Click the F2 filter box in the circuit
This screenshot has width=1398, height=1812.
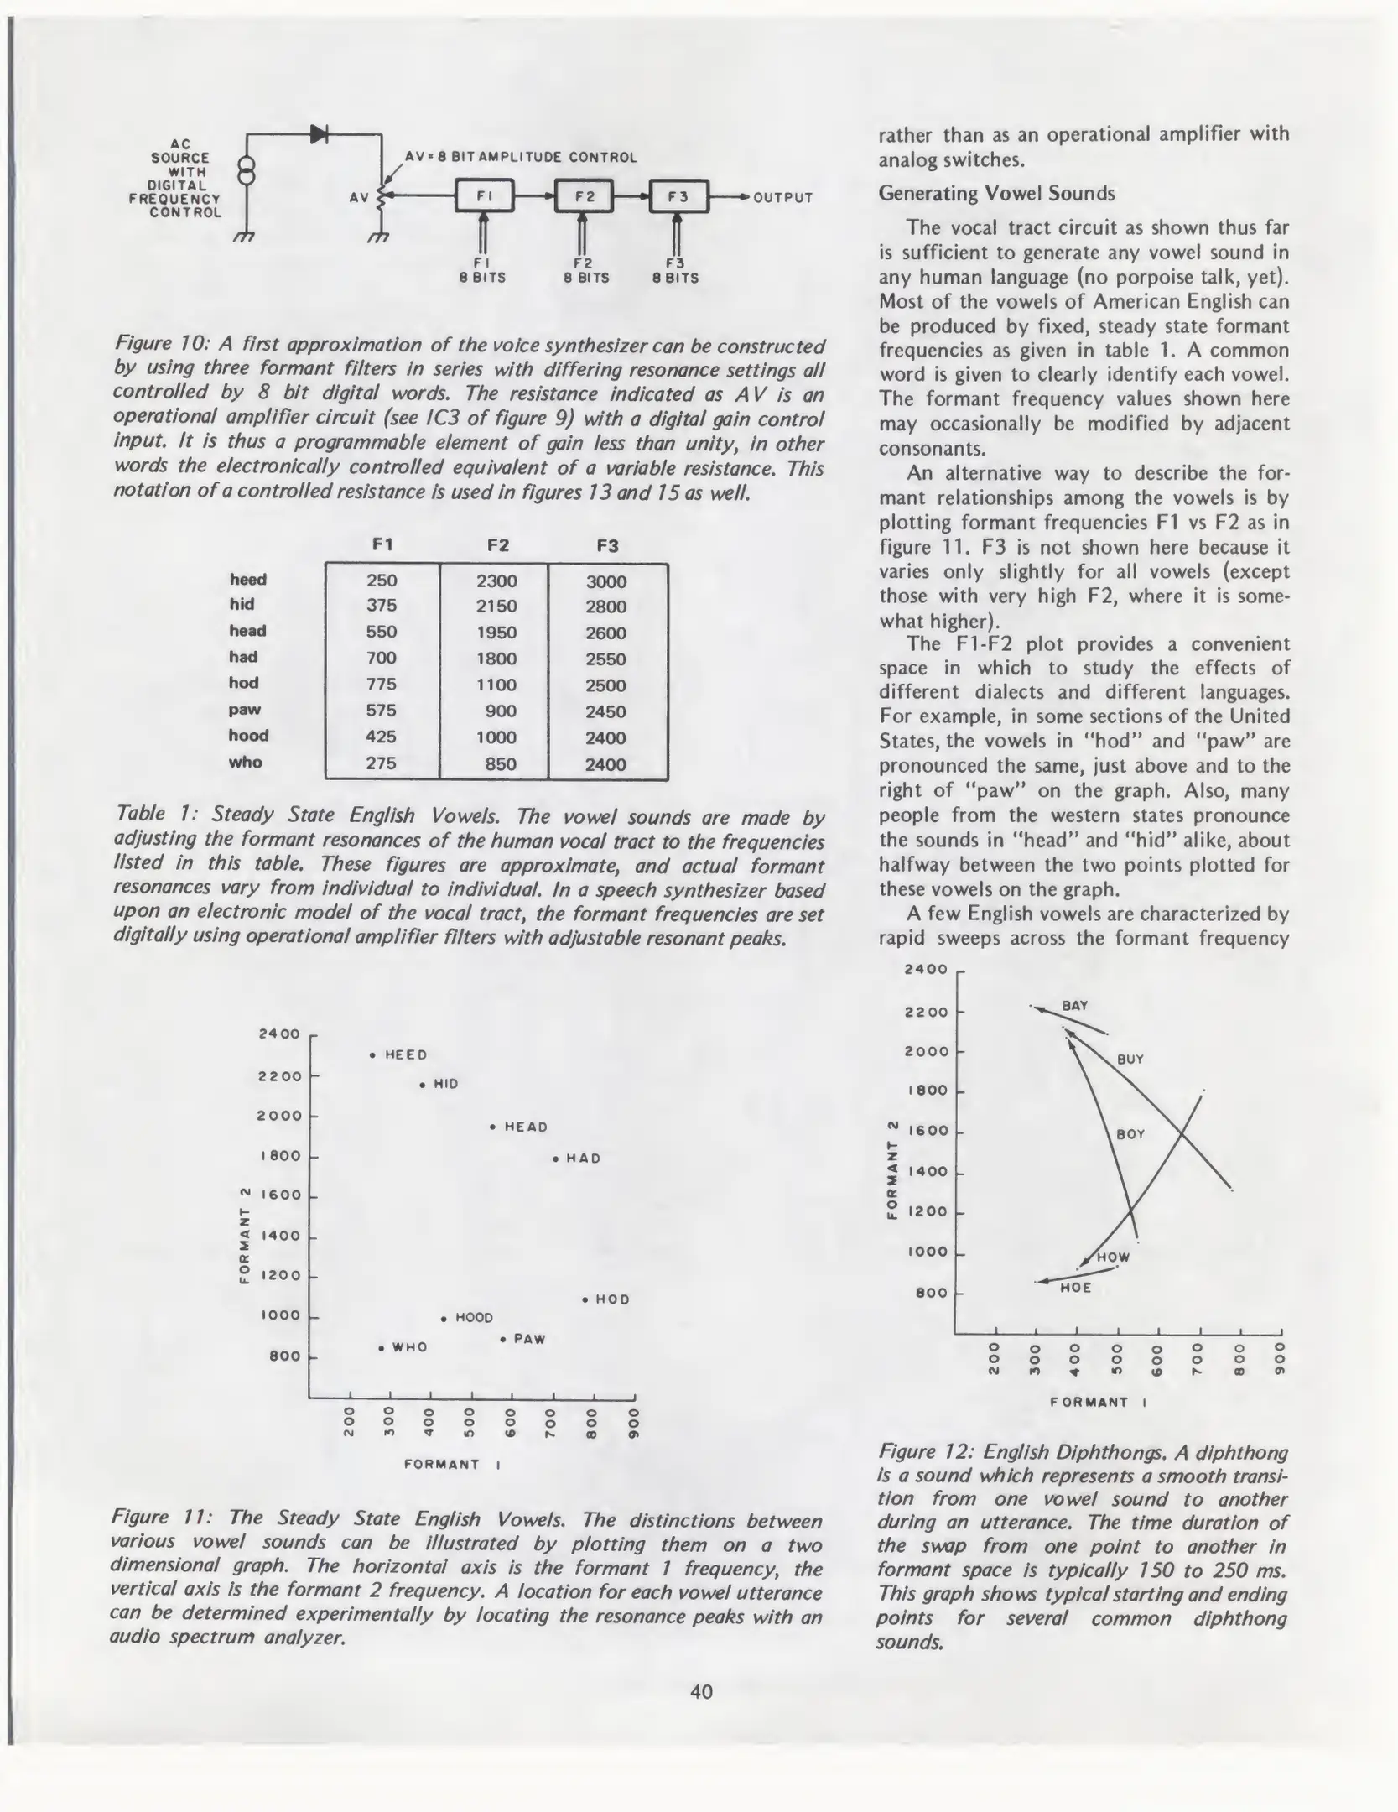584,197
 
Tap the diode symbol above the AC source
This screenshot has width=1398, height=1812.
319,133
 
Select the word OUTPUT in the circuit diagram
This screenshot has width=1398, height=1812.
783,198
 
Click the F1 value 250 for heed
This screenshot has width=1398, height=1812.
382,581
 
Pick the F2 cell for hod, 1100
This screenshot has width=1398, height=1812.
496,685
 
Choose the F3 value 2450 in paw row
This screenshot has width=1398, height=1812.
605,711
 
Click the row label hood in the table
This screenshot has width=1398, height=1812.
248,736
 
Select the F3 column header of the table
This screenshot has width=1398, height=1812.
607,546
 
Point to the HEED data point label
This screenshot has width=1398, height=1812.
406,1055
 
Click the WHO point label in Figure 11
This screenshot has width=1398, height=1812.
409,1348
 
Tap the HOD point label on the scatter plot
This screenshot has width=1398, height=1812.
611,1299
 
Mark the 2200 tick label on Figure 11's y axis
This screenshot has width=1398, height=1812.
279,1076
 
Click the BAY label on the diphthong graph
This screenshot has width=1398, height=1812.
1075,1005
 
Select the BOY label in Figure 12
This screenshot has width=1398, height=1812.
1130,1134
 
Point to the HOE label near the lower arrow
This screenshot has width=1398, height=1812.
1076,1288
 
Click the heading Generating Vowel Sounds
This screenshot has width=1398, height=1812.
996,194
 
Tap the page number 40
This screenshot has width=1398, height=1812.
701,1691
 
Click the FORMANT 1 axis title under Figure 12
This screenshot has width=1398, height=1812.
1098,1402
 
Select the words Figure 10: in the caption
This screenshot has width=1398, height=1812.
160,345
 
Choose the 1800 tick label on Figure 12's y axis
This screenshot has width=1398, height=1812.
926,1091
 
